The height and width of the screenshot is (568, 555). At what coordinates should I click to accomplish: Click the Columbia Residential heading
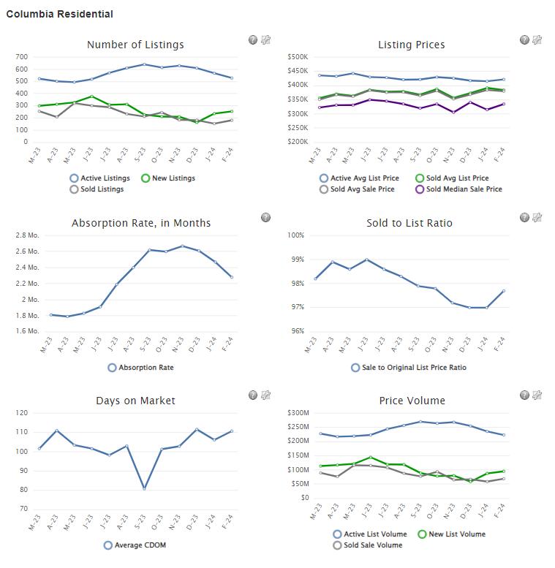pos(59,14)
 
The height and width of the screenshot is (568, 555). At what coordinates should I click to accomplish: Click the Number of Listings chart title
pos(135,45)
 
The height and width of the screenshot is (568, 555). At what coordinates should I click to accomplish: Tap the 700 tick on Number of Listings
pos(21,57)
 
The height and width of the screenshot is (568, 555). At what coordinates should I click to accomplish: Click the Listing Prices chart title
pos(411,45)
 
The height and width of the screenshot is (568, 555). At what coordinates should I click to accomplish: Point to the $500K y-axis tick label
pos(298,57)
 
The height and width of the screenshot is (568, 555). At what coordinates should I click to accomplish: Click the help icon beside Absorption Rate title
pos(265,218)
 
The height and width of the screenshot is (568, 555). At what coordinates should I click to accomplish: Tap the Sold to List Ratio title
pos(409,223)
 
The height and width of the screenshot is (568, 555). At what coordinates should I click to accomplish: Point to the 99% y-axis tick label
pos(295,260)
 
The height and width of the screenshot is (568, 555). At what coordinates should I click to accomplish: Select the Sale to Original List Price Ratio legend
pos(413,367)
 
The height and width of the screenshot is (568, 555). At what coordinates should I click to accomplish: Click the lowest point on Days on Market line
pos(143,488)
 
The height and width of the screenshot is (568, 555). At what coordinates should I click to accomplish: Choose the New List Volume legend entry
pos(456,534)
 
